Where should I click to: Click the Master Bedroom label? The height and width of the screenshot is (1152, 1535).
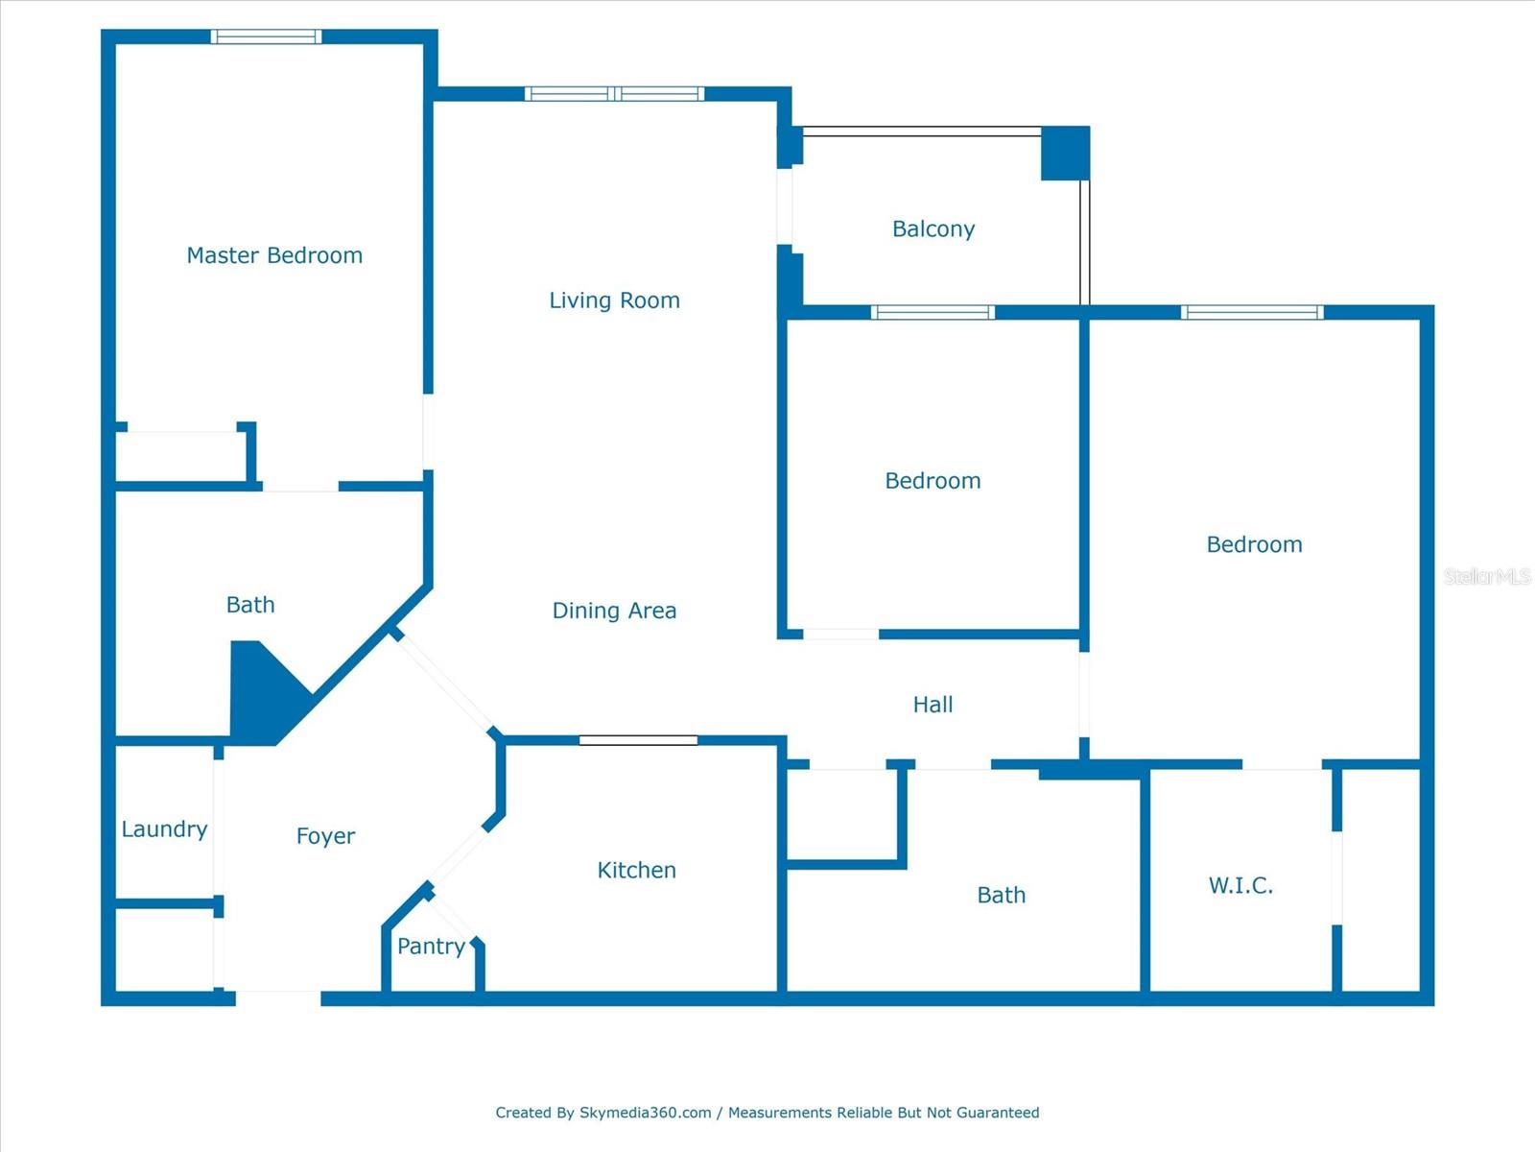tap(274, 255)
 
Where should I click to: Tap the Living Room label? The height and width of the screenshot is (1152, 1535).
tap(614, 300)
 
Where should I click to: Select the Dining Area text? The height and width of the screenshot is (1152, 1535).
tap(614, 611)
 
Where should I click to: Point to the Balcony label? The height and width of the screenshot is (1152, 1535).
tap(933, 229)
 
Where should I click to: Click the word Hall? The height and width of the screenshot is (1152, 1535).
tap(933, 705)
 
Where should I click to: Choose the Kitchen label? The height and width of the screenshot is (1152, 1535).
tap(636, 870)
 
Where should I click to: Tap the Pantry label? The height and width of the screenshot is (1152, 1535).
tap(431, 948)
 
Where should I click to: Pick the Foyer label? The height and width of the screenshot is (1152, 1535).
tap(325, 836)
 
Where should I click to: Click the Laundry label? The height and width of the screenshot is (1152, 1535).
tap(164, 829)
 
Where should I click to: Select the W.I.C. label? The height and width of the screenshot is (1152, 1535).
tap(1240, 885)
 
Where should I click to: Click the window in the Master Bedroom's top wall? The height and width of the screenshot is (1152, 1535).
tap(267, 36)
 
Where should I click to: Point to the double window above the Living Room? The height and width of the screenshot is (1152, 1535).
tap(615, 94)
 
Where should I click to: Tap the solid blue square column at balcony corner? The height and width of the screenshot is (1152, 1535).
tap(1065, 154)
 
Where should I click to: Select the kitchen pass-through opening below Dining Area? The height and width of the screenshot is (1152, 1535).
tap(638, 741)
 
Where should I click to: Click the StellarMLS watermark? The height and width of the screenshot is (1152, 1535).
tap(1487, 576)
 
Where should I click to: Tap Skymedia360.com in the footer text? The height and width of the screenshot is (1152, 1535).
tap(645, 1112)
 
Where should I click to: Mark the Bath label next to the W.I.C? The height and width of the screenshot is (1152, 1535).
tap(1001, 896)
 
